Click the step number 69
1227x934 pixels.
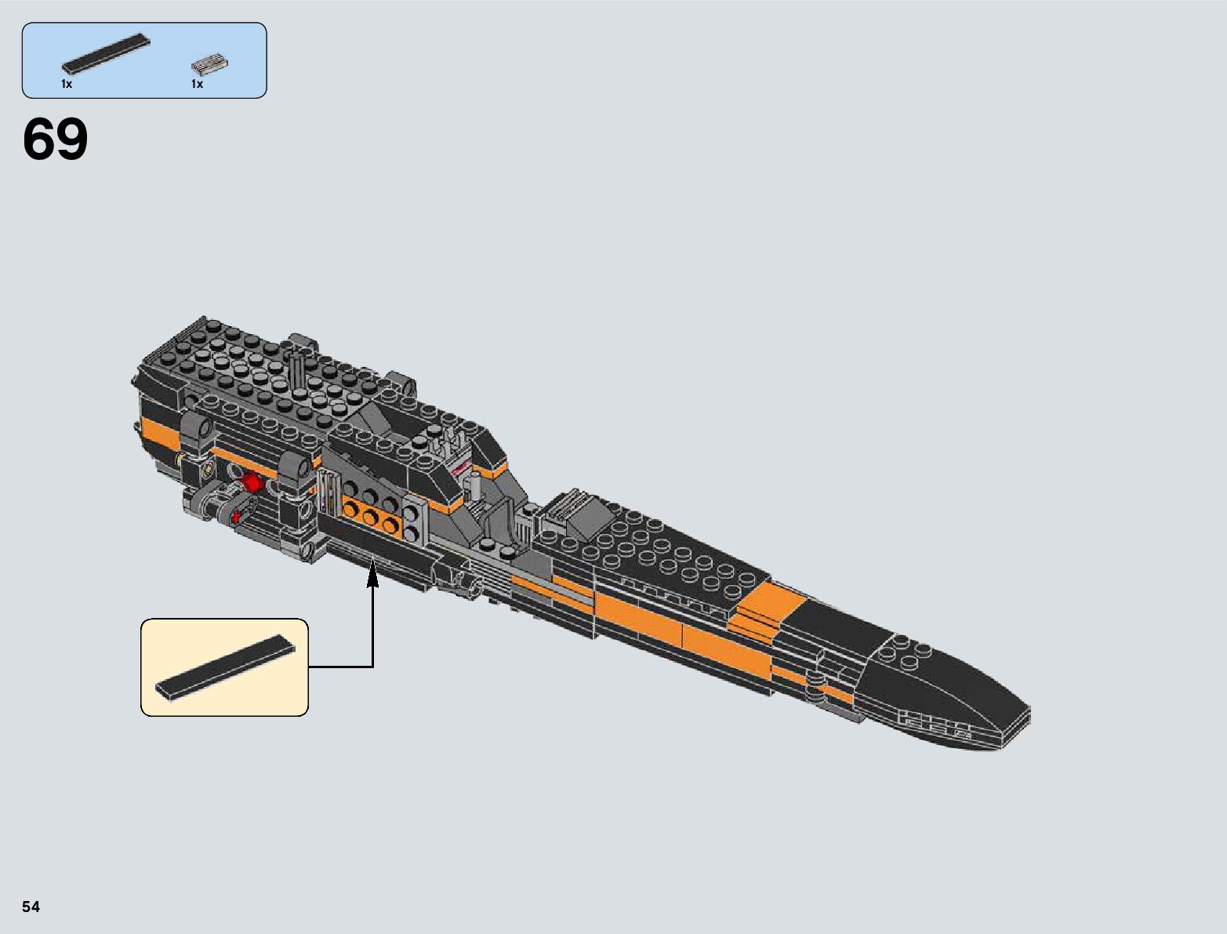click(x=55, y=140)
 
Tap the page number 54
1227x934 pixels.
click(x=31, y=907)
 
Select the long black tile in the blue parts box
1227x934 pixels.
click(x=105, y=54)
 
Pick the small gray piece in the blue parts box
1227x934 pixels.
click(x=209, y=64)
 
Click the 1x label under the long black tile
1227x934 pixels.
click(x=67, y=84)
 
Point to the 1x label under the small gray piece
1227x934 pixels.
click(x=197, y=84)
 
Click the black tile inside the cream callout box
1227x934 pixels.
click(x=226, y=666)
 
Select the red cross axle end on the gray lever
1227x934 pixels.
click(x=237, y=515)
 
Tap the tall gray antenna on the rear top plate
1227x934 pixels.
click(x=298, y=369)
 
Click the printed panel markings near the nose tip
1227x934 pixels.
click(x=937, y=725)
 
